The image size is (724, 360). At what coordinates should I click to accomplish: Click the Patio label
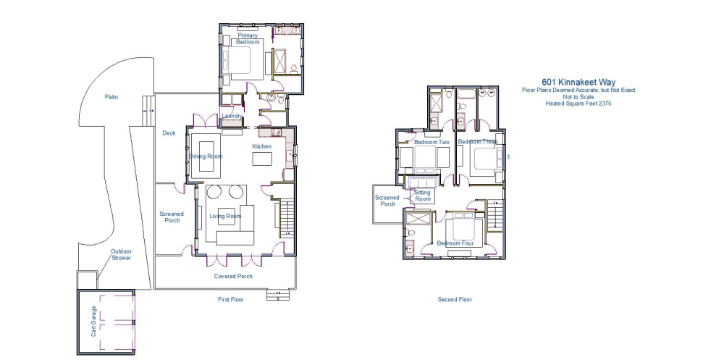pyautogui.click(x=111, y=96)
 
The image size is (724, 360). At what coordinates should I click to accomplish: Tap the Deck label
pyautogui.click(x=169, y=133)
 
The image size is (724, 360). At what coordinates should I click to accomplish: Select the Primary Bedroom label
pyautogui.click(x=248, y=38)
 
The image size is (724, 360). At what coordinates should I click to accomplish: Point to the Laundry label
pyautogui.click(x=232, y=116)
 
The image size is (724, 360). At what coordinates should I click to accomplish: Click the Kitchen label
pyautogui.click(x=261, y=147)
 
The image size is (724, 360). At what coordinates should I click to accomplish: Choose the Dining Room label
pyautogui.click(x=206, y=156)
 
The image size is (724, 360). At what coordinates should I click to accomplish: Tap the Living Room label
pyautogui.click(x=225, y=217)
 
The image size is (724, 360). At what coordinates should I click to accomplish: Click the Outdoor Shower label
pyautogui.click(x=121, y=254)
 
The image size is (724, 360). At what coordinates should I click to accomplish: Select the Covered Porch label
pyautogui.click(x=233, y=277)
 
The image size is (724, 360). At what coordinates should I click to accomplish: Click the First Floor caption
pyautogui.click(x=231, y=299)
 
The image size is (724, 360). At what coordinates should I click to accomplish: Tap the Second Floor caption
pyautogui.click(x=455, y=299)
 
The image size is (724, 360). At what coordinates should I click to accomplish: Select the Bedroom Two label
pyautogui.click(x=432, y=143)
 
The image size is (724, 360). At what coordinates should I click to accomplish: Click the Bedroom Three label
pyautogui.click(x=478, y=142)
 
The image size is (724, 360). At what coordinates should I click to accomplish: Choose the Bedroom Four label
pyautogui.click(x=455, y=244)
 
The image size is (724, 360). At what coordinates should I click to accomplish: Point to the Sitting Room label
pyautogui.click(x=422, y=196)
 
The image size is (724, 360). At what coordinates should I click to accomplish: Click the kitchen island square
pyautogui.click(x=261, y=158)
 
